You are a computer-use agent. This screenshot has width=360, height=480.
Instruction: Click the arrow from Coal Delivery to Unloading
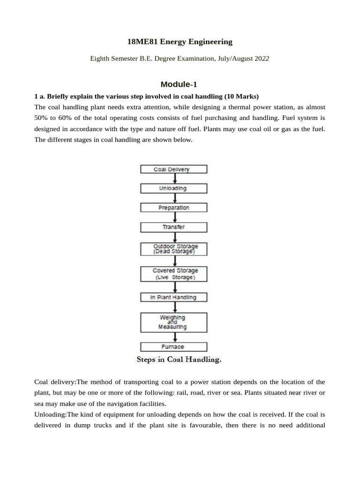point(174,179)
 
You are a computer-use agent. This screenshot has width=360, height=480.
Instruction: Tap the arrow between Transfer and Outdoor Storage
point(174,237)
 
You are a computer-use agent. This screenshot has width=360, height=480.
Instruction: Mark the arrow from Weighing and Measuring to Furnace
point(174,337)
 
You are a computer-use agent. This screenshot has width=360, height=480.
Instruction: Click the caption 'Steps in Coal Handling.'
point(179,360)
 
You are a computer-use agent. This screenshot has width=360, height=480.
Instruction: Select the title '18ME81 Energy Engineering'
point(180,42)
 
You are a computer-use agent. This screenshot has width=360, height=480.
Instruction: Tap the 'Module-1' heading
point(179,84)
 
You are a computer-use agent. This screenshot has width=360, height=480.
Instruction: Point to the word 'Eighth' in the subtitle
point(99,59)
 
